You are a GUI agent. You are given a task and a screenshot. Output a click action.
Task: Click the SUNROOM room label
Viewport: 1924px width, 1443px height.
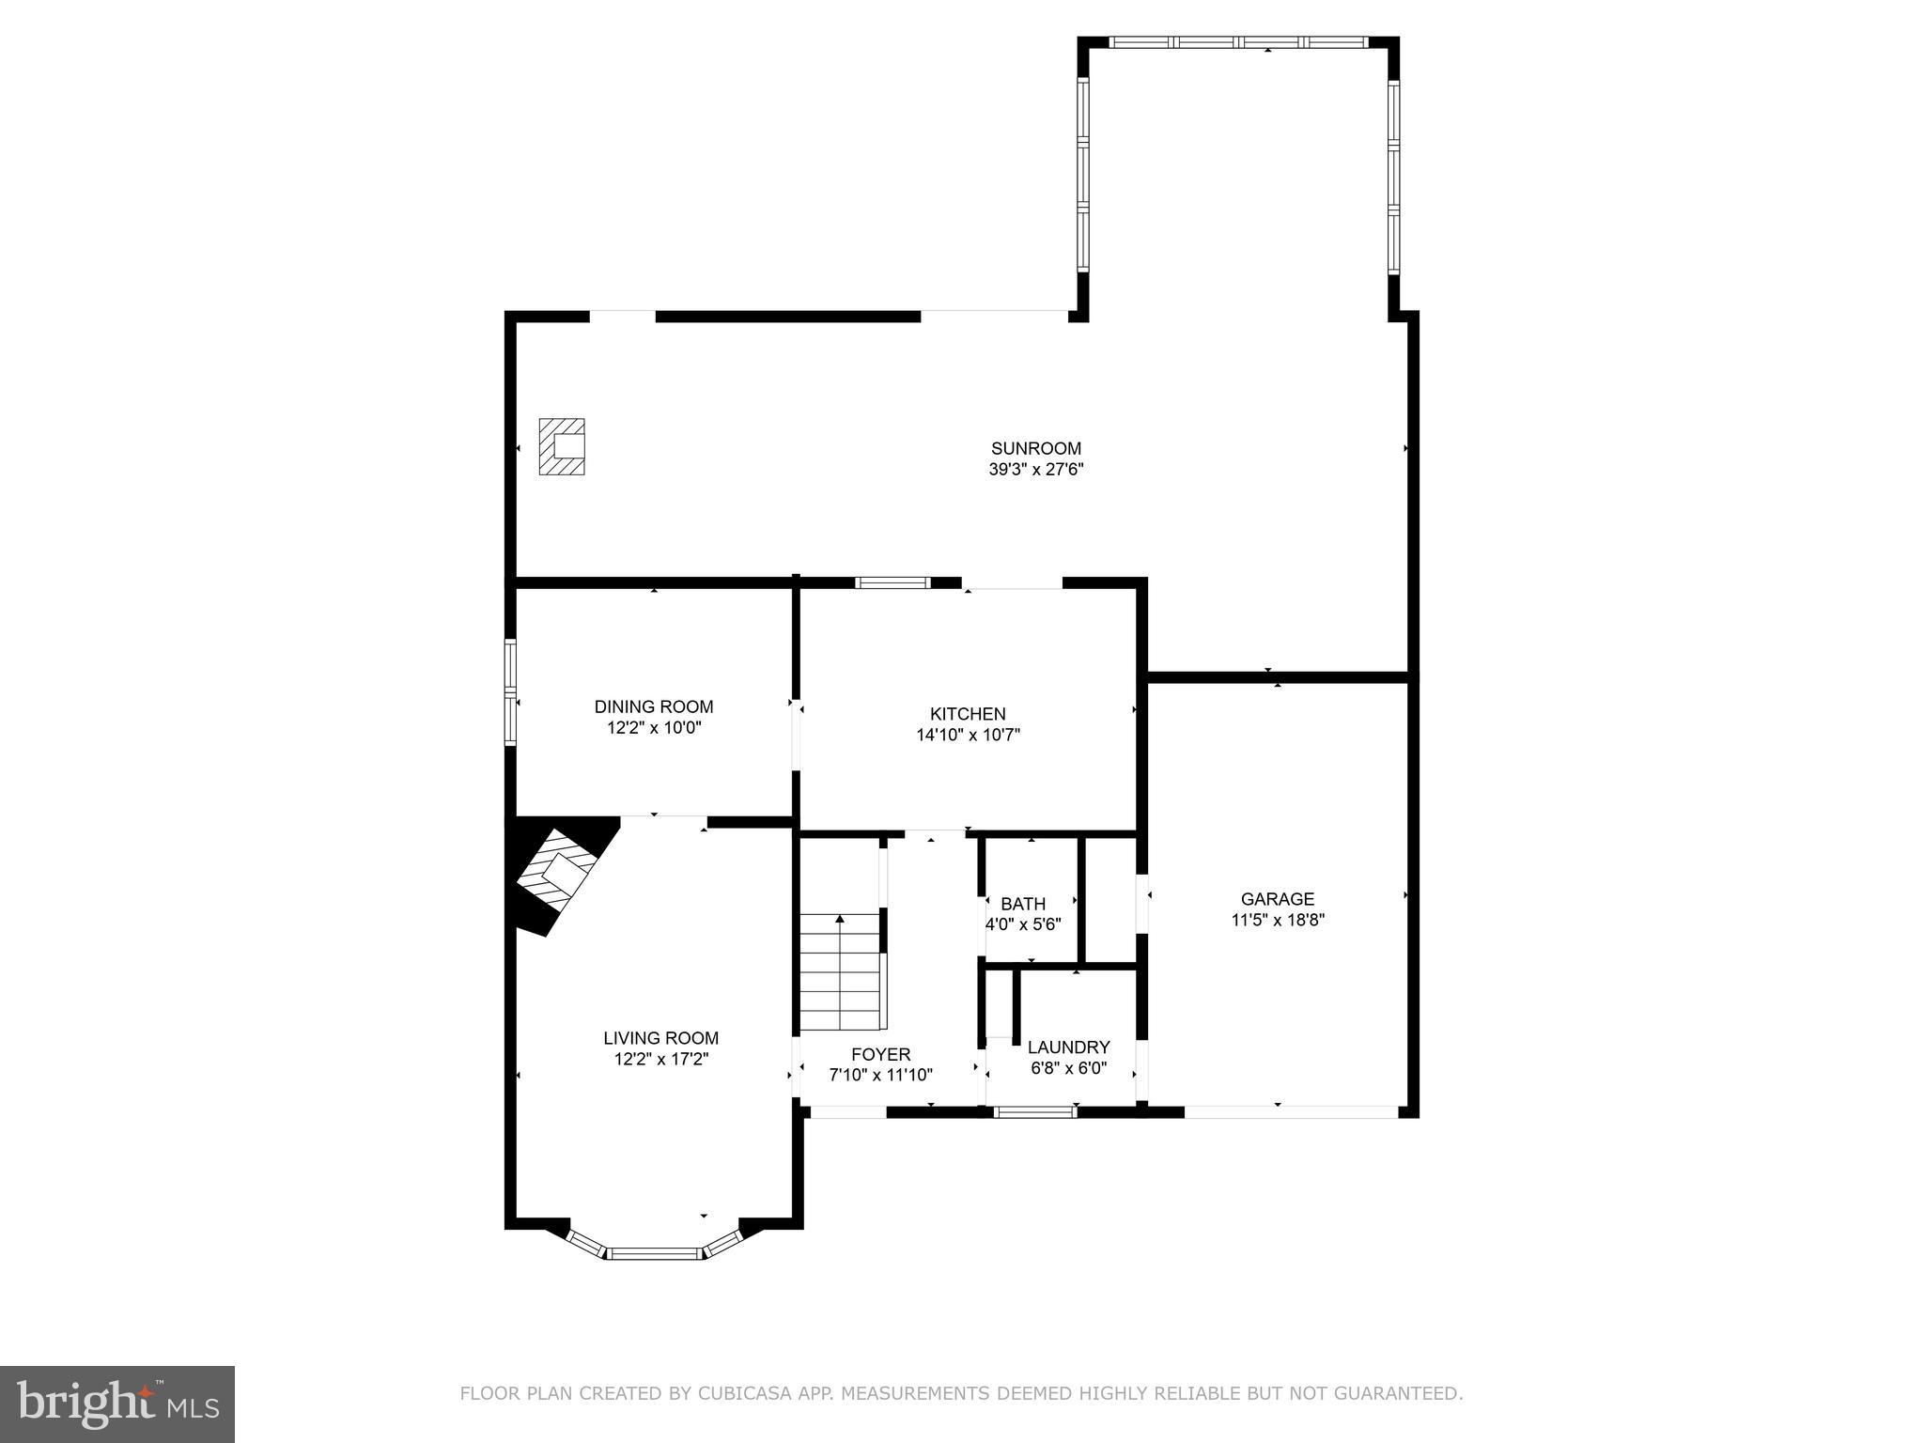coord(1035,448)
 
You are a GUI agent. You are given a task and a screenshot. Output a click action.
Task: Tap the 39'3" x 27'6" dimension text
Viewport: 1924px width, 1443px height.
coord(1035,470)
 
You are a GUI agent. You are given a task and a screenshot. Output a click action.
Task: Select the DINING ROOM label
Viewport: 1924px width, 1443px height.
coord(653,706)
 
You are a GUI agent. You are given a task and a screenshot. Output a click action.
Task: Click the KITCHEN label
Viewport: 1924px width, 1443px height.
coord(968,714)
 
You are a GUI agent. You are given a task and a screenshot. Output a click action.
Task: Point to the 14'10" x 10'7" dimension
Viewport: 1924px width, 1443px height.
coord(968,735)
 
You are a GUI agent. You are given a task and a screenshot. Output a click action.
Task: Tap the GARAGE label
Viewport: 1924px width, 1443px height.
coord(1277,899)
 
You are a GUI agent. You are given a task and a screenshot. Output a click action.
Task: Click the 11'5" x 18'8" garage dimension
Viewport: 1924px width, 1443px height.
coord(1277,920)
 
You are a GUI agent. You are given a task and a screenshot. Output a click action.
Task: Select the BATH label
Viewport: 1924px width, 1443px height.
coord(1022,904)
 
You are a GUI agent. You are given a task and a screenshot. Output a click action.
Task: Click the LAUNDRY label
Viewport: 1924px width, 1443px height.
coord(1068,1047)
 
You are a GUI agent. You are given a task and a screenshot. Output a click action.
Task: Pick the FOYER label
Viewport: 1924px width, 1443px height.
coord(880,1054)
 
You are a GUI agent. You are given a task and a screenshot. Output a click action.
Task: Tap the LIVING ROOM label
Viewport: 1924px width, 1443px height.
coord(660,1038)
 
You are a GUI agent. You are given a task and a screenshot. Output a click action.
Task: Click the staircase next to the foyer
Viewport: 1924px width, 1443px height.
coord(841,972)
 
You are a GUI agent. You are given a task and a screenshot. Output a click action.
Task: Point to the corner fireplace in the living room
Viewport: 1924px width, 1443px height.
coord(557,875)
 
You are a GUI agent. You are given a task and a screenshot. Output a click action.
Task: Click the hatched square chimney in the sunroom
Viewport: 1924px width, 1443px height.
coord(562,446)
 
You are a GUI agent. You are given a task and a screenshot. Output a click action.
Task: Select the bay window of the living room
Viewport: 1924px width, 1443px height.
coord(655,1252)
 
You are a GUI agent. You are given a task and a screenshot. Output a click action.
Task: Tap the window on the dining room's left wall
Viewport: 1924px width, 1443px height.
coord(511,692)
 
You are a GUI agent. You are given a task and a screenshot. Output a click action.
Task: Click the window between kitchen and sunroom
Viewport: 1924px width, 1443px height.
coord(892,582)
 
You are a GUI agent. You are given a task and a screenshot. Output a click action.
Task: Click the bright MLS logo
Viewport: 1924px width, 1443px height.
coord(117,1404)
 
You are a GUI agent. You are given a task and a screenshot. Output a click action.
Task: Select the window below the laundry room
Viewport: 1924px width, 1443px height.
coord(1034,1112)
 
